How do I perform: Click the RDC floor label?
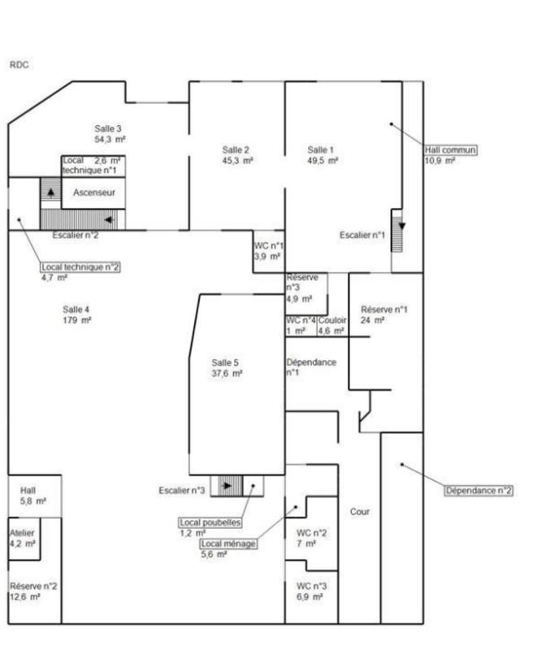tap(19, 65)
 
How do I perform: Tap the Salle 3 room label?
tap(108, 128)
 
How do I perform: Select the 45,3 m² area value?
tap(237, 160)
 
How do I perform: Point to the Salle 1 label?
tap(320, 149)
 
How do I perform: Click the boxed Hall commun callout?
tap(450, 149)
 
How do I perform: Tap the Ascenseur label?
tap(94, 193)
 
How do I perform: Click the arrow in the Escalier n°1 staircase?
tap(401, 226)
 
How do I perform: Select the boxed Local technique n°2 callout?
tap(80, 267)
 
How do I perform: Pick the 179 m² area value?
tap(77, 320)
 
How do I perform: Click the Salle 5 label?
tap(225, 362)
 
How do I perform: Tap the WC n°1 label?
tap(269, 246)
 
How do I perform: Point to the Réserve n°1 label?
tap(384, 310)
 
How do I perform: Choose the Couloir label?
tap(332, 320)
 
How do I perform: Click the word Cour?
tap(360, 512)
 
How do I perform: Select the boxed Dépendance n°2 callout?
tap(479, 491)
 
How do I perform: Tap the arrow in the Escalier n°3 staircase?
tap(227, 485)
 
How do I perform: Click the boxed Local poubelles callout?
tap(210, 522)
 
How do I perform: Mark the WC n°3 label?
tap(311, 586)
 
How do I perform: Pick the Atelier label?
tap(22, 533)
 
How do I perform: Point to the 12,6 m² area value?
tap(25, 597)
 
